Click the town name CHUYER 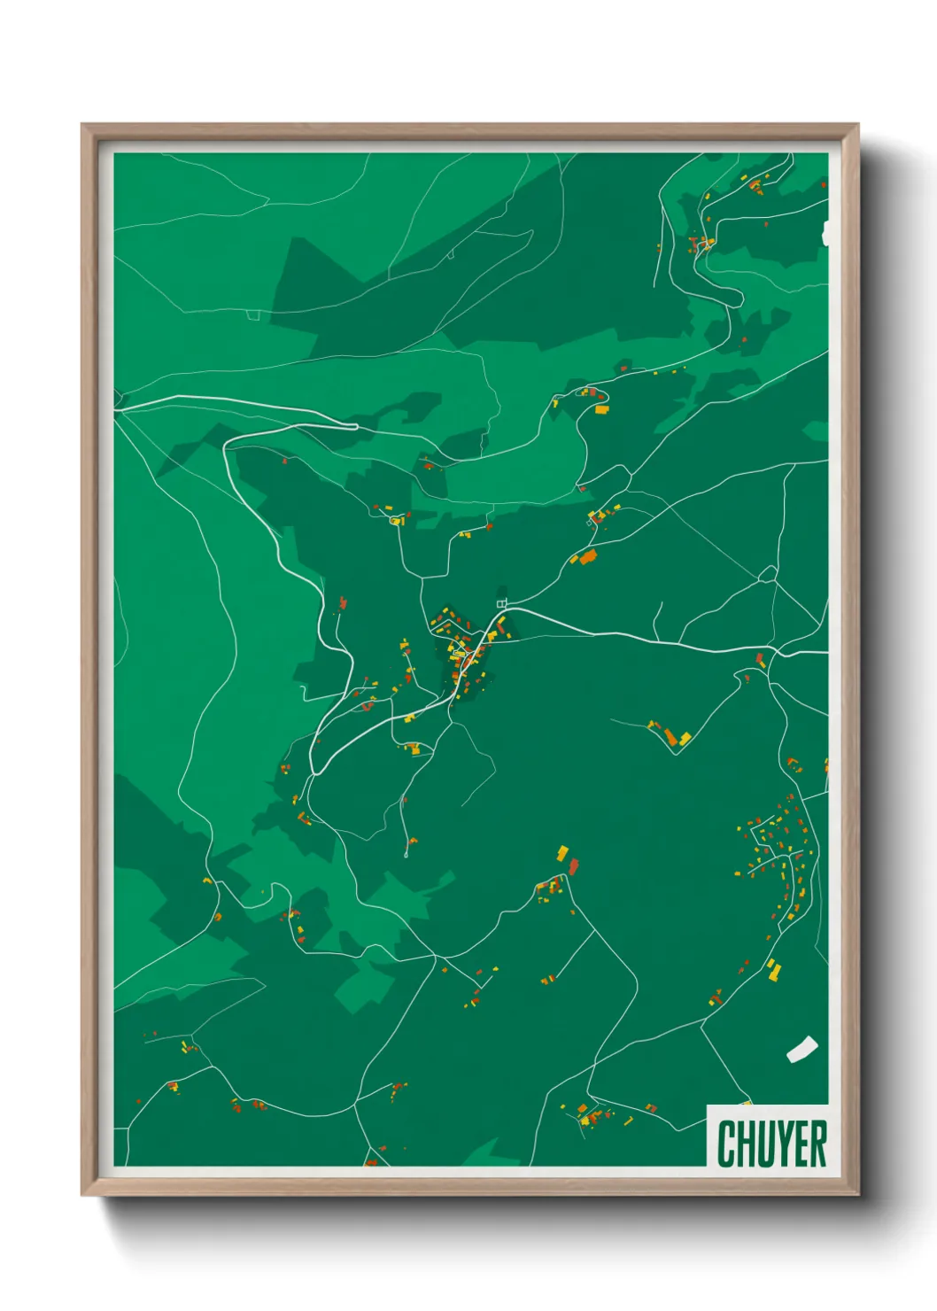[x=771, y=1144]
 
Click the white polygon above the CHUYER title [x=801, y=1049]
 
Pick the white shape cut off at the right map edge [x=825, y=234]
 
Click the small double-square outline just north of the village [x=501, y=603]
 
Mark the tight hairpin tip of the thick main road [x=353, y=426]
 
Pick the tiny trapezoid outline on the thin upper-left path [x=253, y=314]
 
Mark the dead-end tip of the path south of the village [x=406, y=855]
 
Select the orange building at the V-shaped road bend [x=683, y=737]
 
